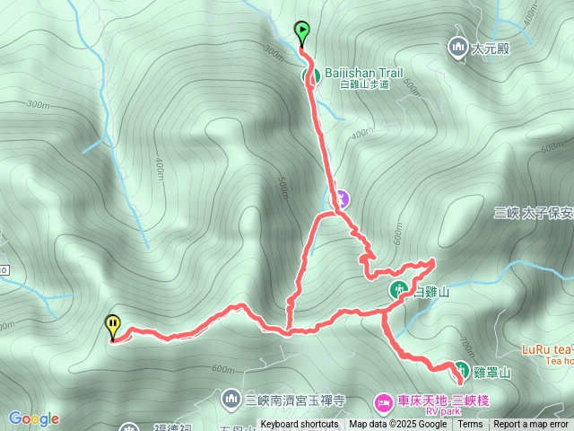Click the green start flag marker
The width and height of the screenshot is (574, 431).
tap(302, 32)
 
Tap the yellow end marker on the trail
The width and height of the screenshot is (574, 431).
tap(113, 325)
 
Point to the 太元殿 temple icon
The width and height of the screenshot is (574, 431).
tap(458, 47)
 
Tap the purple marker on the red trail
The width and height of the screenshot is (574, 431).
tap(343, 198)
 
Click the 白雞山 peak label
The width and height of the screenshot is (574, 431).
tap(430, 292)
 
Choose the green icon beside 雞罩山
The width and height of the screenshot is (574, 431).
tap(460, 369)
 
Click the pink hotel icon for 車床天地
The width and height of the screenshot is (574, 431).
tap(383, 400)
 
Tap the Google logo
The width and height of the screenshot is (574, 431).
tap(34, 418)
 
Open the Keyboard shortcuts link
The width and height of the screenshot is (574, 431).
tap(299, 425)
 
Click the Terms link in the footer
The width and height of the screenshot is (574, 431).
tap(470, 425)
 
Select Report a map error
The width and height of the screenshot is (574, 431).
tap(532, 425)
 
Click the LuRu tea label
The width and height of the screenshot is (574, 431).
tap(547, 348)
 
